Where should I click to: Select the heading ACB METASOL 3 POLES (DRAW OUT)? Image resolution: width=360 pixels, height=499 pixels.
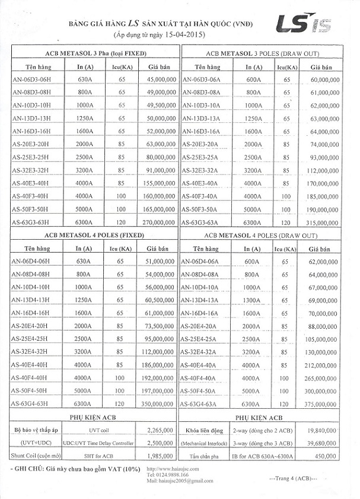coord(269,53)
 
